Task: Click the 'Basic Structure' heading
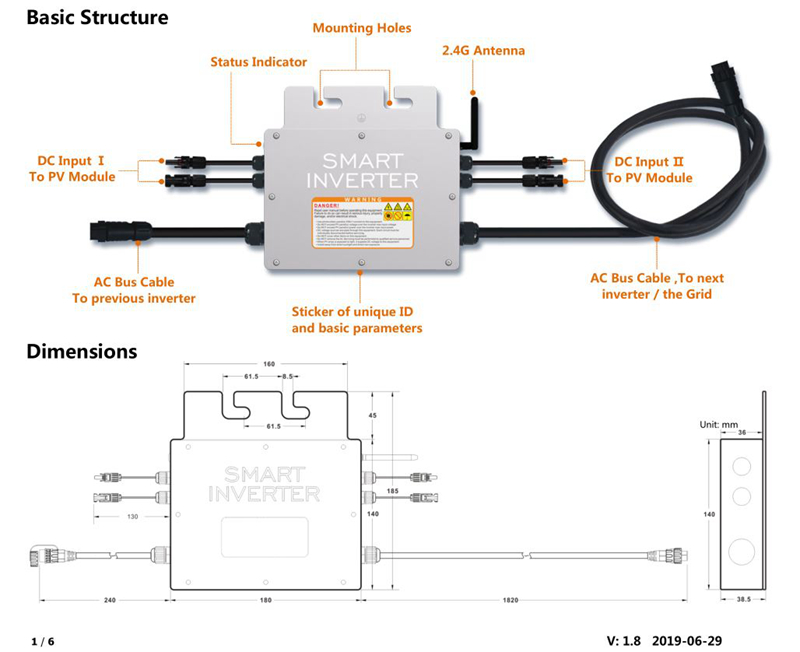[97, 18]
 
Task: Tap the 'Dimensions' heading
[81, 352]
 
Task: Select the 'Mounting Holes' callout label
[361, 28]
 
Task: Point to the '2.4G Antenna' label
[484, 50]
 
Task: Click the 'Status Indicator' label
[258, 62]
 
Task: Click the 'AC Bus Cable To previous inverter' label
[134, 290]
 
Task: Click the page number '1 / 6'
[42, 639]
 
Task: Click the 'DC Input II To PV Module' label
[652, 169]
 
